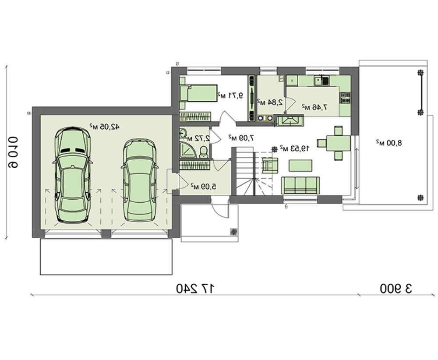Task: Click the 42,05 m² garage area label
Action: [105, 127]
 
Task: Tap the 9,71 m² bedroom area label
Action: [230, 96]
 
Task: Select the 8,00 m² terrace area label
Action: [389, 143]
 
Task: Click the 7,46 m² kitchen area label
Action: [314, 107]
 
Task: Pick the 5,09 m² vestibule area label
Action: [204, 186]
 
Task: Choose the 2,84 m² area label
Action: [270, 102]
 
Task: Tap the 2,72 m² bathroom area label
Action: [198, 138]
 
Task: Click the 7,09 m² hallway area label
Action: [241, 138]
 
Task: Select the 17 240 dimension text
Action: [196, 289]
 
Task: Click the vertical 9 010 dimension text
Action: [13, 152]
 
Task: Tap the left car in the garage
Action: [72, 175]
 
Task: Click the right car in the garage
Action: [140, 180]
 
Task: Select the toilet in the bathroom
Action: [204, 151]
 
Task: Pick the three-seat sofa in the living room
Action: [300, 185]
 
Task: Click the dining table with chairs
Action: [334, 143]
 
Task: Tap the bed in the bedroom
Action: [198, 93]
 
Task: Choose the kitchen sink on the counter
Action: [321, 81]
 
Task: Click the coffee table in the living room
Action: [300, 166]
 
